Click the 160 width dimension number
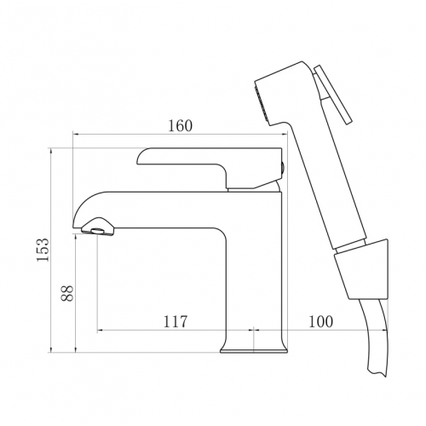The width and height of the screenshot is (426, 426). pyautogui.click(x=181, y=125)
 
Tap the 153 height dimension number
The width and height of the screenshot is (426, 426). pyautogui.click(x=43, y=250)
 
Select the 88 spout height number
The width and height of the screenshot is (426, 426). pyautogui.click(x=67, y=293)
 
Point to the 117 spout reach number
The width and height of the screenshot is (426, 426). pyautogui.click(x=176, y=321)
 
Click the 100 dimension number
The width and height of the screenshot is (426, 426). pyautogui.click(x=320, y=321)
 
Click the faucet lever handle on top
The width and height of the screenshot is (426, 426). pyautogui.click(x=210, y=168)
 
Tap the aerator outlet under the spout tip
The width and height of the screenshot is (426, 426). pyautogui.click(x=98, y=231)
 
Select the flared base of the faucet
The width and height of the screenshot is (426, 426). pyautogui.click(x=254, y=347)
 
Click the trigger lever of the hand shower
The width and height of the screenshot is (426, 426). pyautogui.click(x=332, y=94)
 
